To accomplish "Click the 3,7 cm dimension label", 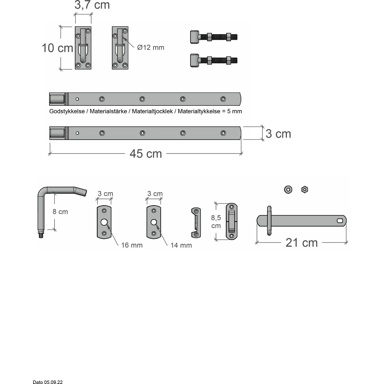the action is pyautogui.click(x=92, y=5).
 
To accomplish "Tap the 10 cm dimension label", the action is pyautogui.click(x=57, y=48).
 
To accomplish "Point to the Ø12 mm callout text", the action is pyautogui.click(x=151, y=47).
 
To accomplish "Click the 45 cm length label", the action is pyautogui.click(x=146, y=154).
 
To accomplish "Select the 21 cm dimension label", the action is pyautogui.click(x=302, y=243).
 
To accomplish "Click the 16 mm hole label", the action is pyautogui.click(x=132, y=245).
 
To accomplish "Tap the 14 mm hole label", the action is pyautogui.click(x=181, y=245).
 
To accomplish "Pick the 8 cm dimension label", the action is pyautogui.click(x=60, y=212).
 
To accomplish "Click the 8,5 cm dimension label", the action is pyautogui.click(x=216, y=222).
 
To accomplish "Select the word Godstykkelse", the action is pyautogui.click(x=67, y=111).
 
